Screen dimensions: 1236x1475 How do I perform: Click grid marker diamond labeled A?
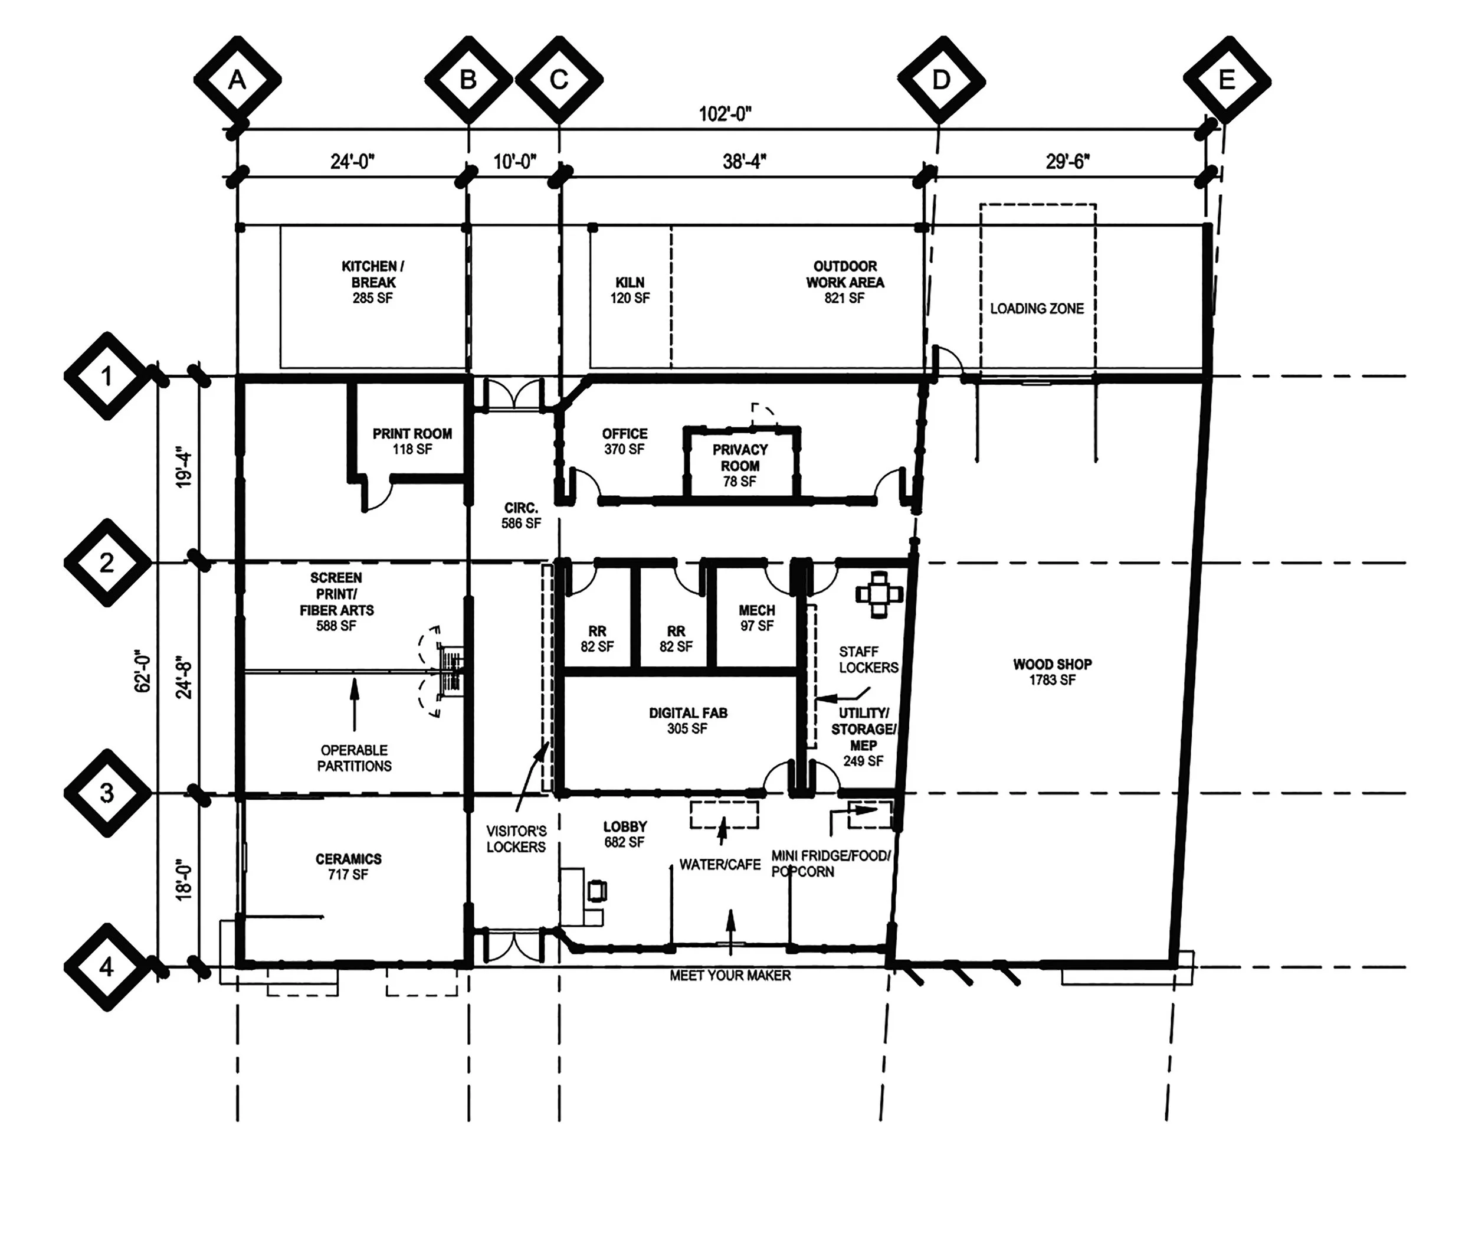tap(237, 80)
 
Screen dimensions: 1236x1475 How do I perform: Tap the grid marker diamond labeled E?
tap(1227, 80)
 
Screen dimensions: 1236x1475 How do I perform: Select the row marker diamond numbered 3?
tap(107, 793)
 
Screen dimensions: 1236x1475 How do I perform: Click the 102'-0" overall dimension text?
tap(725, 114)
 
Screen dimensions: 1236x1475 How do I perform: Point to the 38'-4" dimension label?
tap(744, 162)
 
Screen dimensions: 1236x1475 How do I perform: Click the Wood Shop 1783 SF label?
tap(1051, 672)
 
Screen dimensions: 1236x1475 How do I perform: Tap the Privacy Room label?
tap(740, 465)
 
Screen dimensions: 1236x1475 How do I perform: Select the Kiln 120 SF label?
tap(630, 289)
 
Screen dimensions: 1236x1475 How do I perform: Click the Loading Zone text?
tap(1037, 309)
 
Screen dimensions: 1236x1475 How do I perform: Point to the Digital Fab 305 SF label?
tap(687, 720)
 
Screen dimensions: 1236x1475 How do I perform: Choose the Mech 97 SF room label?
tap(756, 617)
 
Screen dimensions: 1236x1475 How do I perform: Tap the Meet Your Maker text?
tap(730, 975)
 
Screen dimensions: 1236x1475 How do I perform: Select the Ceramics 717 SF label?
tap(348, 866)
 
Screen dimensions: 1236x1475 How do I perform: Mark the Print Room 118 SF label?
tap(412, 442)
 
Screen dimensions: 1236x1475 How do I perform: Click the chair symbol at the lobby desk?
tap(597, 891)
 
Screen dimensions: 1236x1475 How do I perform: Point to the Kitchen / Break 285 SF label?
tap(372, 282)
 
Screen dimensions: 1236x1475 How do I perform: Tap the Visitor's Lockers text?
tap(516, 839)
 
